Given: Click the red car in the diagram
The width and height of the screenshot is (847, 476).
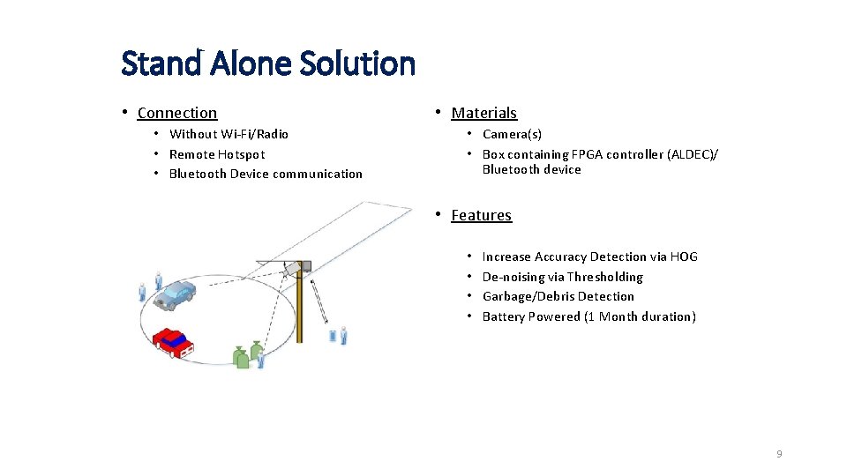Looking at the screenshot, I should point(174,342).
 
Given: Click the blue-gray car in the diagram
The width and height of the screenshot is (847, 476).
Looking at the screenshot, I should point(174,294).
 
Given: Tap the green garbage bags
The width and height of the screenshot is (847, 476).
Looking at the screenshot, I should point(248,355).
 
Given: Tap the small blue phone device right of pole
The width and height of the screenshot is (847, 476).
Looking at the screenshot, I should point(333,335).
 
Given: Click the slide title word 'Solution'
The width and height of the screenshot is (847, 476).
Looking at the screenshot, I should point(356,63).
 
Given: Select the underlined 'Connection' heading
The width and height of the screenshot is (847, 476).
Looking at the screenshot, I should point(177,113).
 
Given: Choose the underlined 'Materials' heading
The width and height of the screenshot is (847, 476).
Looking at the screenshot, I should point(483,113).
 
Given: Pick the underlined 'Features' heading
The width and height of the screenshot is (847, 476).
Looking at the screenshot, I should point(481,215).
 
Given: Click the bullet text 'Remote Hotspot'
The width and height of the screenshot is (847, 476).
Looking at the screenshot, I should point(217,154).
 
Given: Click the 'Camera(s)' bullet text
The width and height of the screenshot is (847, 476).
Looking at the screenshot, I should point(512,134).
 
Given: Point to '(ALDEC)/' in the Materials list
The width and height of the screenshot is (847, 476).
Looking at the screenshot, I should point(693,154).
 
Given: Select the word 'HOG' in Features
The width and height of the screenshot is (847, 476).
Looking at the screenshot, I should point(684,257).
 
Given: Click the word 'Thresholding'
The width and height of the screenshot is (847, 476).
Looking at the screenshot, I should point(604,277).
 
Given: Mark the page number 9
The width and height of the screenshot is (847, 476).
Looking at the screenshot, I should point(779,454).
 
